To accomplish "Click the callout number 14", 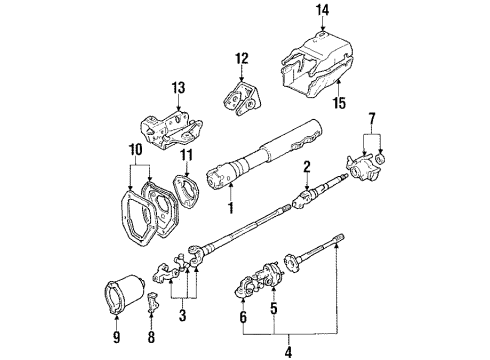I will click(322, 11).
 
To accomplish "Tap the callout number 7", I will click(376, 120).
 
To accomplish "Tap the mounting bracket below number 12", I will click(240, 96).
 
